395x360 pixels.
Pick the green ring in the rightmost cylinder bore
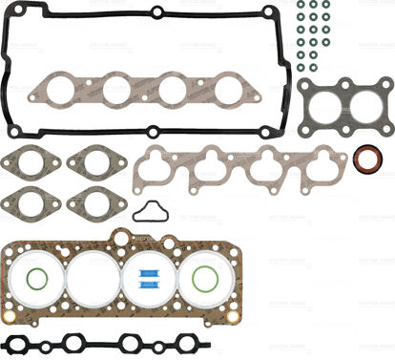pos(204,281)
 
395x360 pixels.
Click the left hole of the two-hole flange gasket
pos(318,103)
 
